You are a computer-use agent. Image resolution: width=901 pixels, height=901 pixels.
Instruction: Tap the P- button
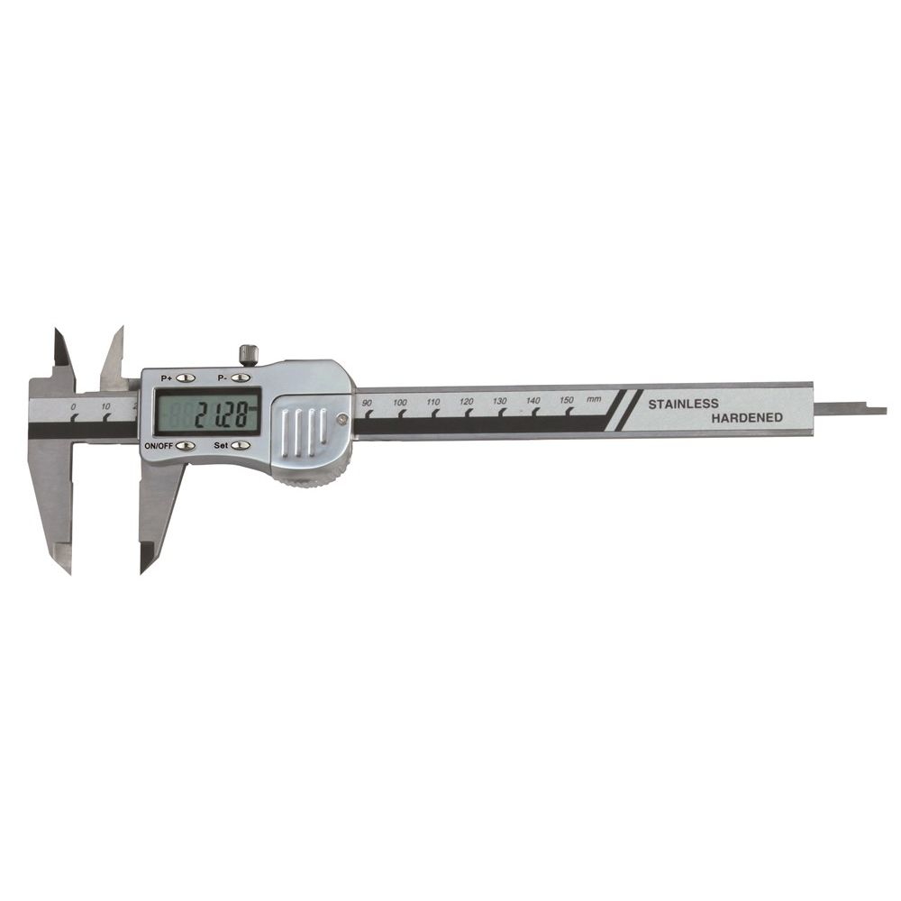pos(241,378)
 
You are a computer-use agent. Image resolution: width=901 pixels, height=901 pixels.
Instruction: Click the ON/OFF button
pos(185,445)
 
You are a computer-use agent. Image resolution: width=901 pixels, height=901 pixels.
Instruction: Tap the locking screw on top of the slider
pos(249,353)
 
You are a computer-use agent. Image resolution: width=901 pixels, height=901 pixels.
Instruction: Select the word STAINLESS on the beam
pos(683,404)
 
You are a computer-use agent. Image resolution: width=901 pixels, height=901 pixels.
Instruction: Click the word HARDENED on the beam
pos(747,418)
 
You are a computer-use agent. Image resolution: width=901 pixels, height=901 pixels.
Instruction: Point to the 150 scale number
pos(567,400)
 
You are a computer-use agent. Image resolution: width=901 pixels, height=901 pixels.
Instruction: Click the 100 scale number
pos(400,402)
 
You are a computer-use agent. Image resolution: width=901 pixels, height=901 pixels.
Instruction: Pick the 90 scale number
pos(368,403)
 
